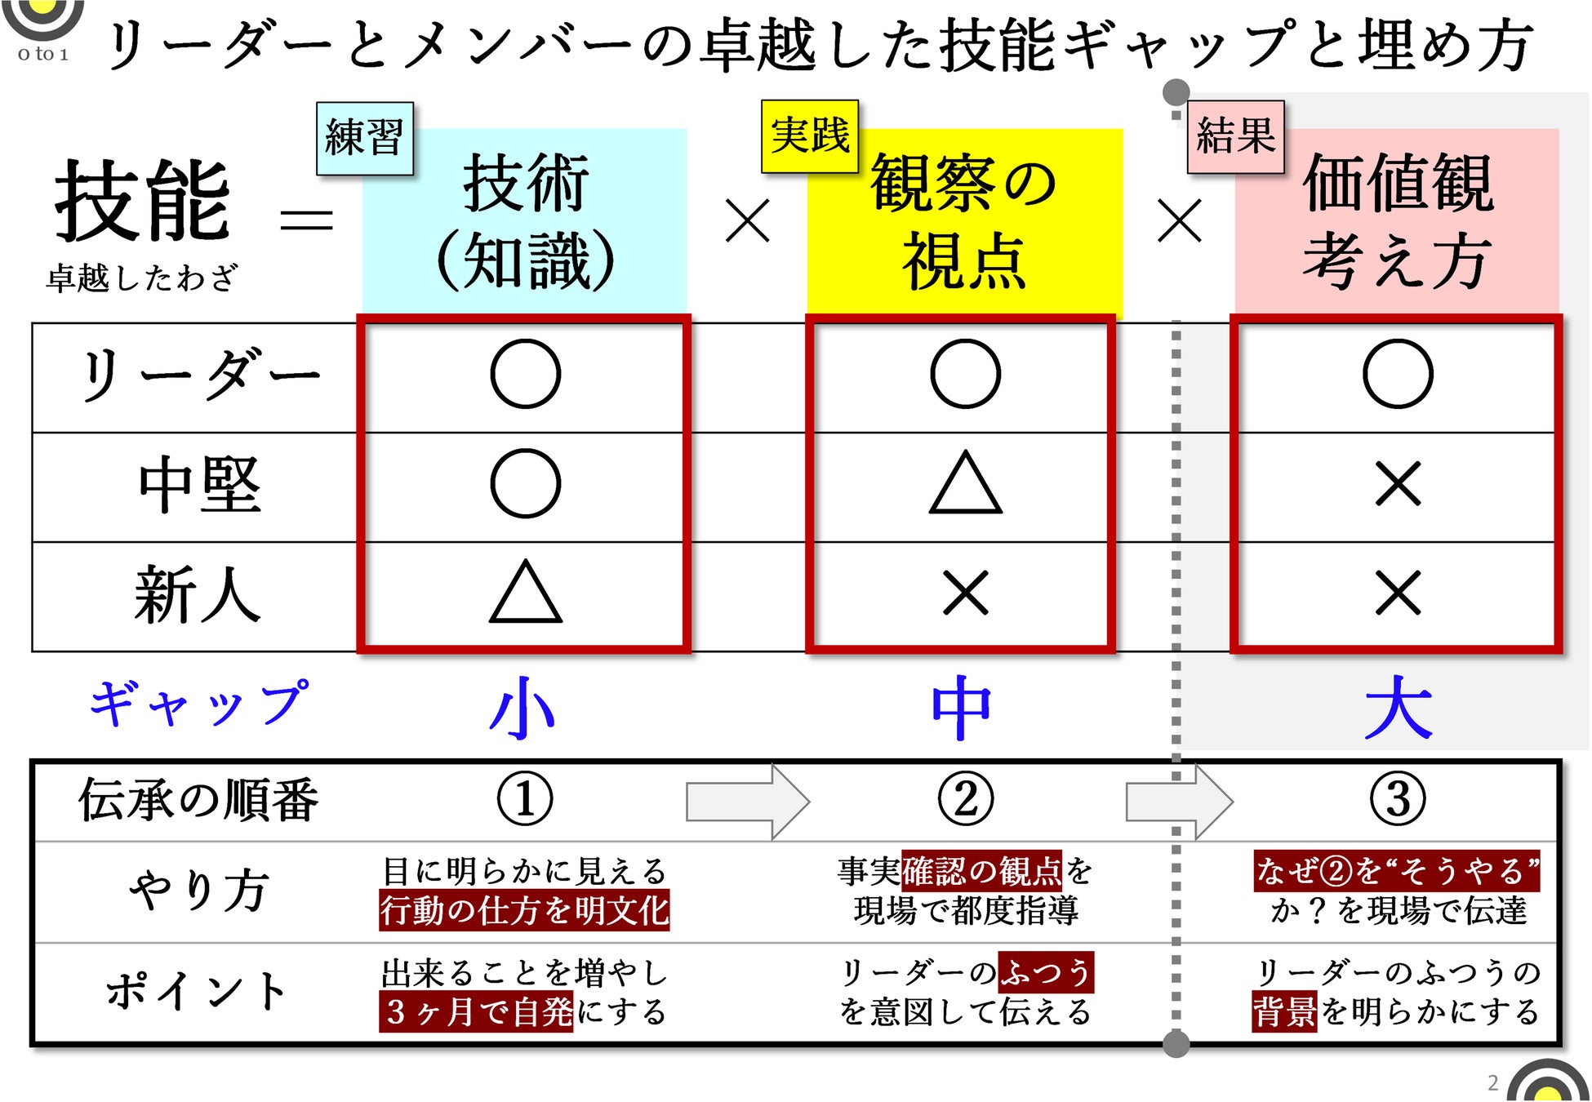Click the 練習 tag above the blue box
tap(365, 138)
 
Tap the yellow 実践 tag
tap(810, 136)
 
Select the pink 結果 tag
tap(1235, 136)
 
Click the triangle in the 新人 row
tap(525, 593)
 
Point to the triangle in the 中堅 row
tap(965, 483)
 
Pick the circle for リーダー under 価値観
tap(1398, 374)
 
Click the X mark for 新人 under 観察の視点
tap(965, 593)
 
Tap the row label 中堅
tap(199, 485)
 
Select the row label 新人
tap(198, 594)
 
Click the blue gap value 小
tap(523, 707)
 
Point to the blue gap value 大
tap(1398, 707)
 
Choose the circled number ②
tap(965, 799)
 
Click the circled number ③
tap(1398, 799)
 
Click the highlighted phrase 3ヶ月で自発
tap(476, 1012)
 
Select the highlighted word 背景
tap(1284, 1012)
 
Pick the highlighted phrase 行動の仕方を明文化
tap(524, 910)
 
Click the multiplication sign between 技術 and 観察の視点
tap(747, 220)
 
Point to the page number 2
tap(1493, 1082)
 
